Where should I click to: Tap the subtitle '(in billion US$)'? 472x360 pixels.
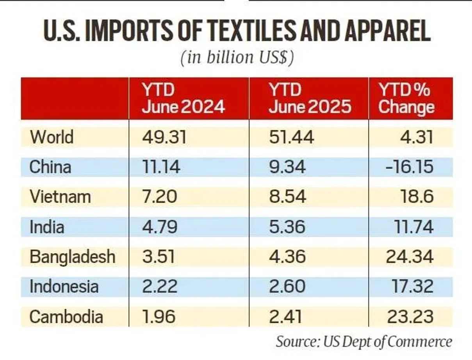[237, 57]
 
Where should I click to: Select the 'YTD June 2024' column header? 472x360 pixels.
[183, 98]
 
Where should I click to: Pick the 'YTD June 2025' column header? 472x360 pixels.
[310, 98]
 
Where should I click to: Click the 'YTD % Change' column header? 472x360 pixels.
[406, 98]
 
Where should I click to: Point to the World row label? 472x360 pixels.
[52, 137]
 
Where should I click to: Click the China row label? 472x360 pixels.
[50, 167]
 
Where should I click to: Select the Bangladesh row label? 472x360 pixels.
[73, 257]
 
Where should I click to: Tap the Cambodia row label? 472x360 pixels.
[66, 316]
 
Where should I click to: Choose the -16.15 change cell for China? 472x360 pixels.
[410, 167]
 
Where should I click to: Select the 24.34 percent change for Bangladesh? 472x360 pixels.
[410, 257]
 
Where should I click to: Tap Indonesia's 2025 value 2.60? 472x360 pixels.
[287, 287]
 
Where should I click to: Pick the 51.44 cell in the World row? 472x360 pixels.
[291, 137]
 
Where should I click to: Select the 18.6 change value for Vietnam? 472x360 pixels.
[417, 197]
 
